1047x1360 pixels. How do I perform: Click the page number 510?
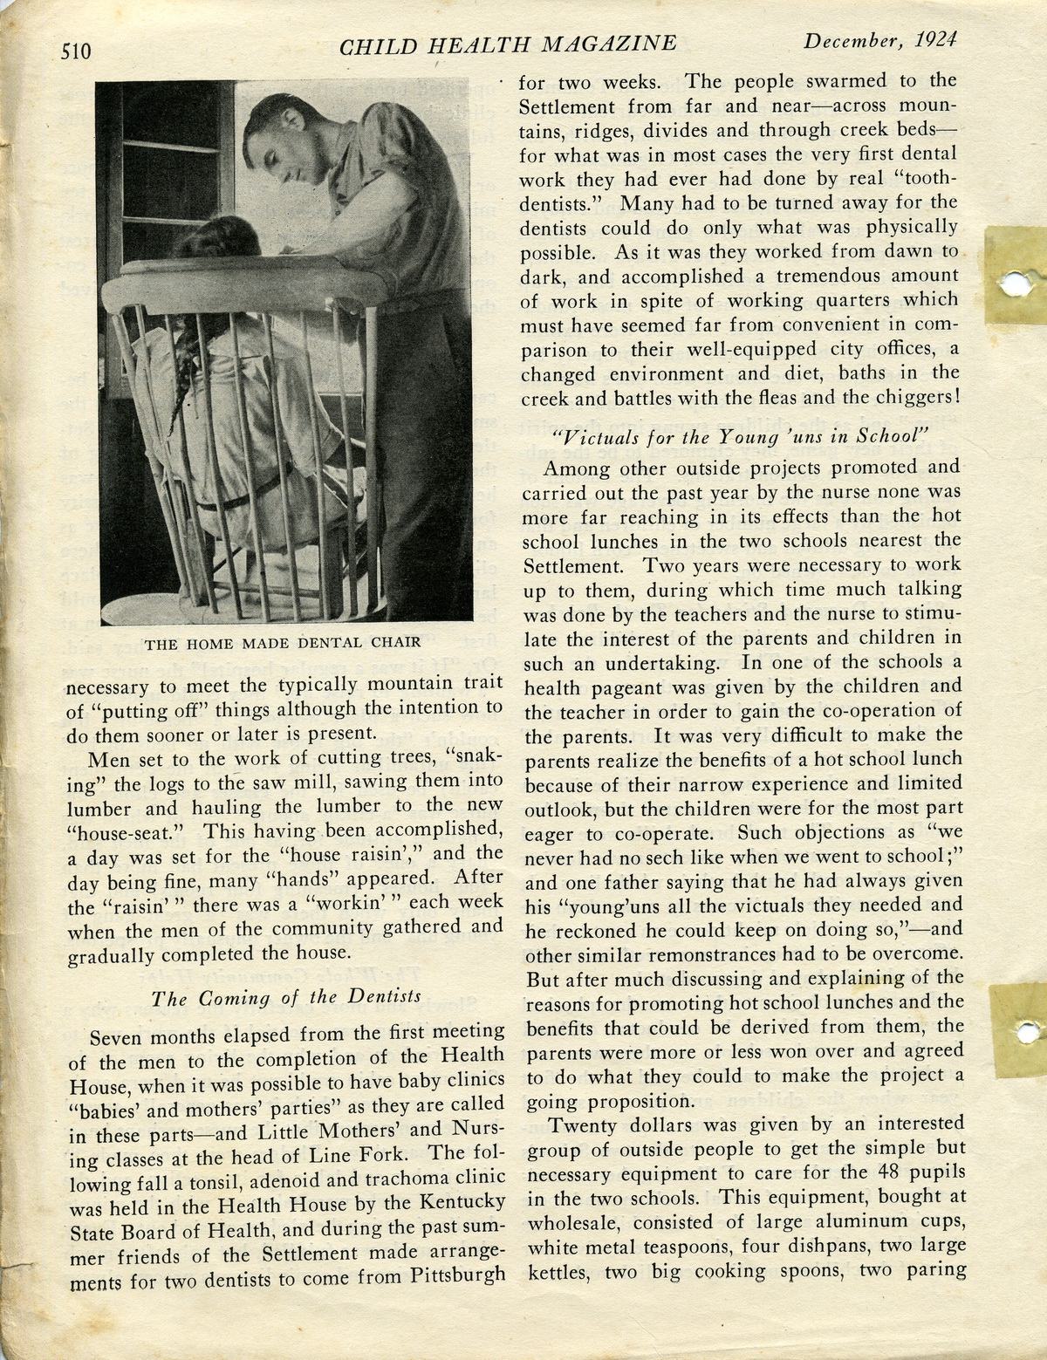pos(75,50)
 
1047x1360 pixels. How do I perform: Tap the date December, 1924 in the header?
pos(880,40)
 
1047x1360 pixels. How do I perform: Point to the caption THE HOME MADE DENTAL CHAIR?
pos(282,643)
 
